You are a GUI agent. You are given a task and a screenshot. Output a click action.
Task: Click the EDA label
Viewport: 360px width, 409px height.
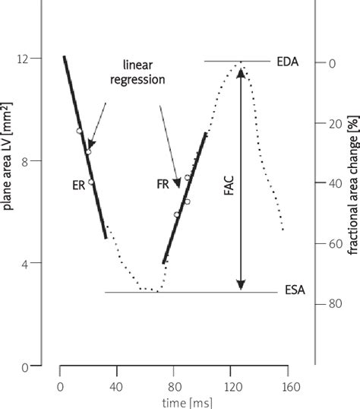(x=288, y=62)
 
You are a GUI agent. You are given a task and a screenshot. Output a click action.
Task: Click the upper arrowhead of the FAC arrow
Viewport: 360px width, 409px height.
(x=241, y=71)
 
